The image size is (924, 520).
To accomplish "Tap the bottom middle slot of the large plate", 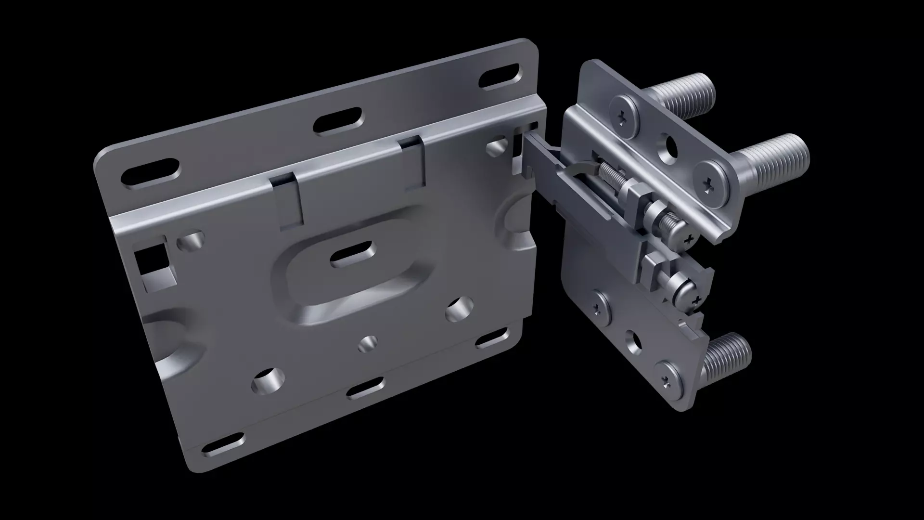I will click(366, 388).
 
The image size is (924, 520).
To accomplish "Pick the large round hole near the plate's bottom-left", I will click(266, 382).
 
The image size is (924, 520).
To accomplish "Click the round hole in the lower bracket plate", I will click(634, 340).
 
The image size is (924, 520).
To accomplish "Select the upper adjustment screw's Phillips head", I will click(689, 238).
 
